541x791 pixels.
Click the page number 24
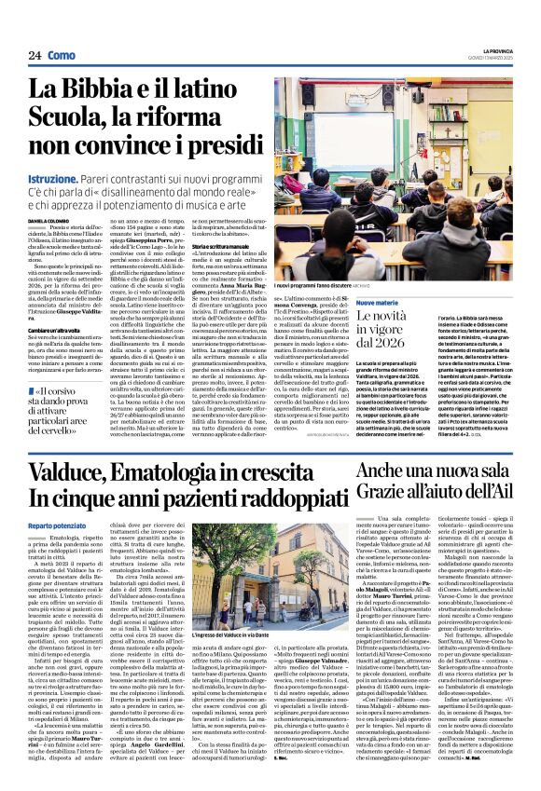point(35,55)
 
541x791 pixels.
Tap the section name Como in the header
point(62,55)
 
